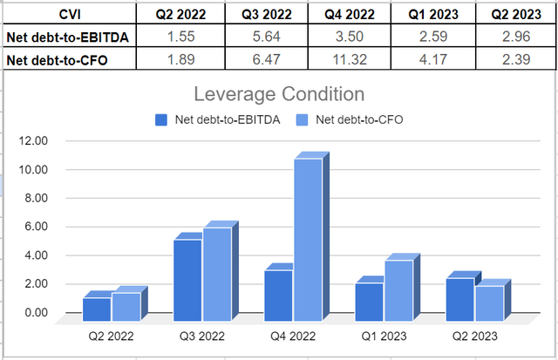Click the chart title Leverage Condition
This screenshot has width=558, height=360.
click(279, 94)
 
